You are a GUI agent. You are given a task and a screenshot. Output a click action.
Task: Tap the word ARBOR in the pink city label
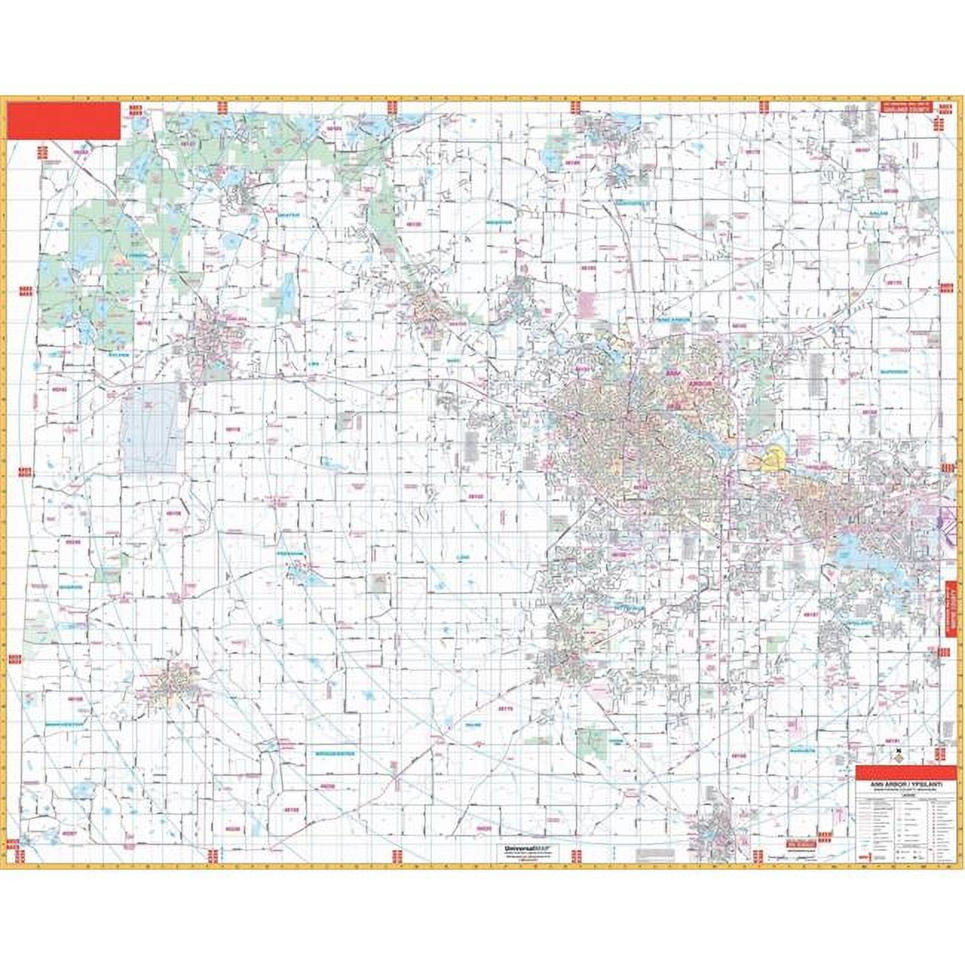699,383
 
